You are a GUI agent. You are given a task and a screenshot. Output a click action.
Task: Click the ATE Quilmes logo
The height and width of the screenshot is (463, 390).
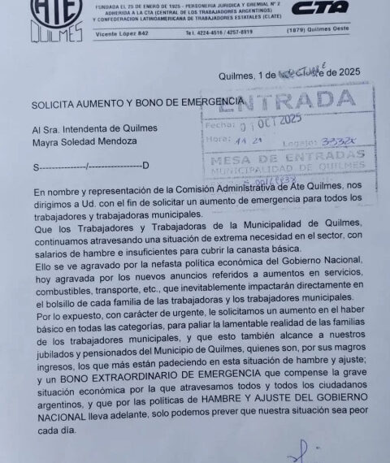(57, 19)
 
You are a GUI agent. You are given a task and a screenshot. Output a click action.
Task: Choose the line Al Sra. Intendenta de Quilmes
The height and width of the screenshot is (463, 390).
(94, 128)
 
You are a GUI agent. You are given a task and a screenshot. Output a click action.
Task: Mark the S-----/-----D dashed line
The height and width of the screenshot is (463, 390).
(90, 167)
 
